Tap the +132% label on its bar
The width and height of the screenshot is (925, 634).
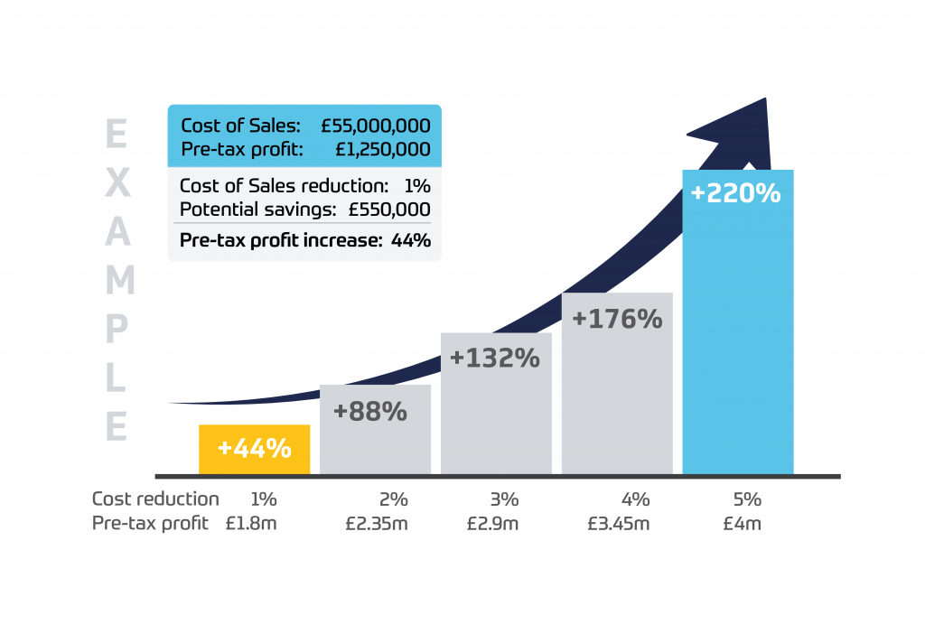pos(494,359)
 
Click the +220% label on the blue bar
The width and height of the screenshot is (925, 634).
pos(735,193)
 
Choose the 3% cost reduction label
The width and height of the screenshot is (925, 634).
pos(505,499)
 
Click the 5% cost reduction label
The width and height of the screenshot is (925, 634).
pos(747,499)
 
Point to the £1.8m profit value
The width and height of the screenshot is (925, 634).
pos(251,523)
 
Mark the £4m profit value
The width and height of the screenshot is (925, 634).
pos(742,523)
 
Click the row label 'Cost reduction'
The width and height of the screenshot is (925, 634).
pos(155,499)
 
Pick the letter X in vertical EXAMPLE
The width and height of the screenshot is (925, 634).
pos(117,184)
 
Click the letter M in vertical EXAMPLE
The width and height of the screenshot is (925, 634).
pos(117,282)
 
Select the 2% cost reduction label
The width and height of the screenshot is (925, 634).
pos(394,499)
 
